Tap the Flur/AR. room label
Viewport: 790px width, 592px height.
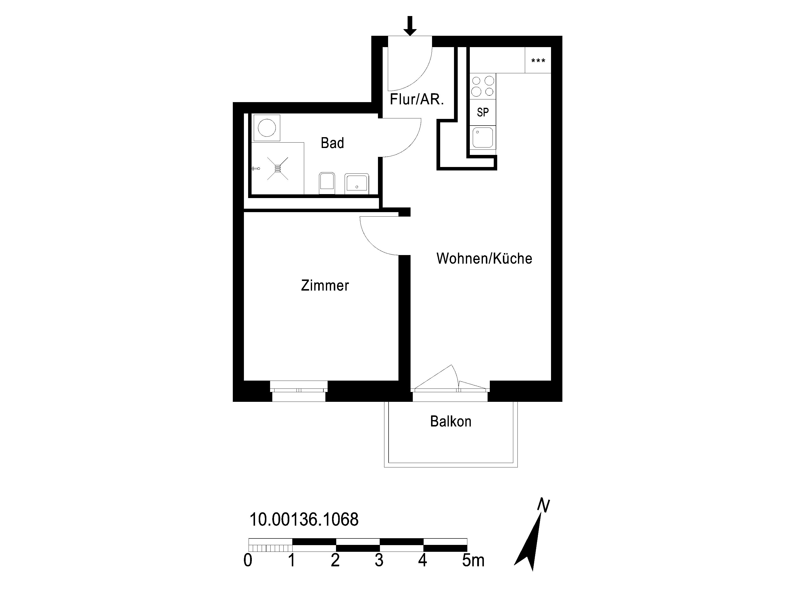tap(417, 99)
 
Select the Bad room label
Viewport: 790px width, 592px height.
tap(332, 143)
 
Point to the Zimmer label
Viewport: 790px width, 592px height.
tap(325, 285)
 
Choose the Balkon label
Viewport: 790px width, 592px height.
tap(451, 421)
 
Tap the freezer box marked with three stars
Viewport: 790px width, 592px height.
tap(538, 60)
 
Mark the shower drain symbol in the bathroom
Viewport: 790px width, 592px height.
tap(277, 168)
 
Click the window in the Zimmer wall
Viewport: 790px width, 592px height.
tap(298, 391)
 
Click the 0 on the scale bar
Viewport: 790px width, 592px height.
tap(248, 560)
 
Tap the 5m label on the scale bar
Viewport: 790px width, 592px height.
tap(473, 560)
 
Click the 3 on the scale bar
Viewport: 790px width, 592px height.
tap(379, 560)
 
